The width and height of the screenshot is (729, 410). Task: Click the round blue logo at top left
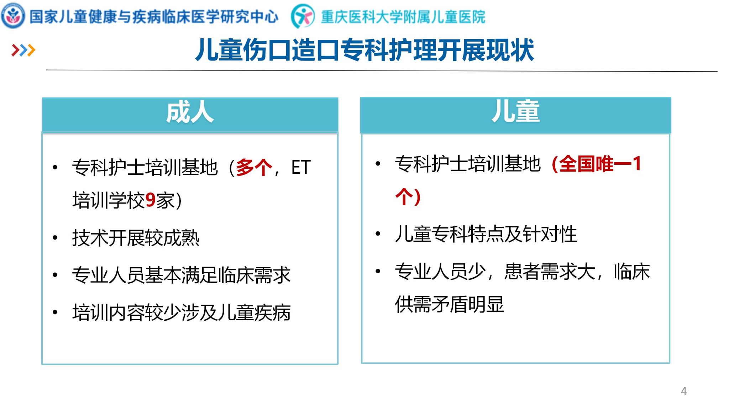click(13, 16)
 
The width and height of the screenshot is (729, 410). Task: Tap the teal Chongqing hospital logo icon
click(303, 16)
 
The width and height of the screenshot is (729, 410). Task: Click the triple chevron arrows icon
click(23, 50)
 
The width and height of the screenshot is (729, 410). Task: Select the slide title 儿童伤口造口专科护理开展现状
click(364, 50)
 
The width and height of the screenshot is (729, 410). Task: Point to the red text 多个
click(254, 167)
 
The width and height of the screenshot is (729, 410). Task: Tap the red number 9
click(150, 200)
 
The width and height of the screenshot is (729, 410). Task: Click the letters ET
click(301, 167)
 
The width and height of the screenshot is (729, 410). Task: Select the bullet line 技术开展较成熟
click(136, 238)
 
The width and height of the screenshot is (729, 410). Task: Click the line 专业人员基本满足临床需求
click(181, 275)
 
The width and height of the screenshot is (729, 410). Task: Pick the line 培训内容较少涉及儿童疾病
click(181, 312)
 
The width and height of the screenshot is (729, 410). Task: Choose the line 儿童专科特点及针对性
click(486, 234)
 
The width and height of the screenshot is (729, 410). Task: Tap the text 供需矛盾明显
click(449, 304)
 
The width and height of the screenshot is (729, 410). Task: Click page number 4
click(683, 391)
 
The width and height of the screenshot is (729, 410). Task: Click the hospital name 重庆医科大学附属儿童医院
click(403, 17)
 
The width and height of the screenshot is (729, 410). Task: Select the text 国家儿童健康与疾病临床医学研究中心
click(154, 16)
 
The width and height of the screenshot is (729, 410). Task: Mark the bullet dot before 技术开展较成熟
click(55, 238)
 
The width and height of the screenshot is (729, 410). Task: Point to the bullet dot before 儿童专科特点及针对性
click(378, 234)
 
